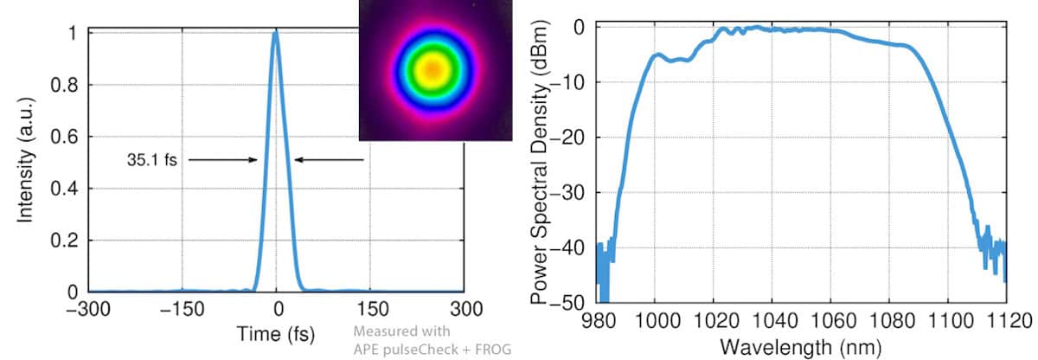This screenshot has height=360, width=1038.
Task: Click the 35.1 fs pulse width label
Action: point(151,160)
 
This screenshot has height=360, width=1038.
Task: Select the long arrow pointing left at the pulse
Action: point(329,160)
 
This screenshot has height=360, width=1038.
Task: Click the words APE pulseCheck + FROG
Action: point(433,349)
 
